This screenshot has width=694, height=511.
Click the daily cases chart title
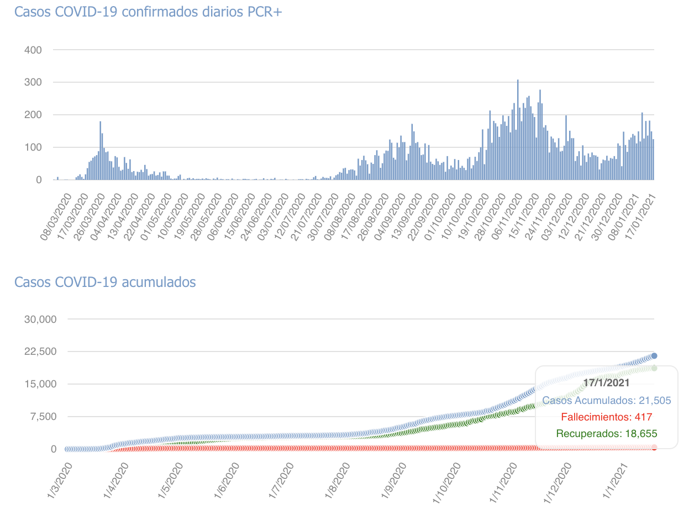coord(148,12)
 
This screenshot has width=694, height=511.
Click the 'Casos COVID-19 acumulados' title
coord(105,282)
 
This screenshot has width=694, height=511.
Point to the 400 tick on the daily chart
coord(33,50)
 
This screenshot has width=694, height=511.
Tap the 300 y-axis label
coord(33,83)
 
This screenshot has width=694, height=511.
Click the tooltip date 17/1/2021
coord(606,382)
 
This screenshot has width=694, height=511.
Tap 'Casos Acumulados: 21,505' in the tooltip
coord(606,401)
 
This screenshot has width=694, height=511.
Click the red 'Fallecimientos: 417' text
coord(606,417)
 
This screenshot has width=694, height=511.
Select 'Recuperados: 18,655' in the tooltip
coord(606,434)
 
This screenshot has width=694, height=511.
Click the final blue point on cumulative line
coord(654,356)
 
